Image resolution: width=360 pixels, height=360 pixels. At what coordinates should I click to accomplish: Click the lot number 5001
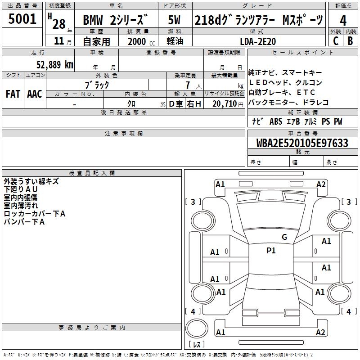pos(22,19)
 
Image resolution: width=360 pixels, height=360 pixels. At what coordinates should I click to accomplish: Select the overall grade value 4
pos(343,21)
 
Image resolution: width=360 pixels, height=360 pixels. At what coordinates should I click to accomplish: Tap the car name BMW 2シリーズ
pos(115,21)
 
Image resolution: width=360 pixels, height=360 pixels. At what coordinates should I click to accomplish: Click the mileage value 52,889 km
pos(50,64)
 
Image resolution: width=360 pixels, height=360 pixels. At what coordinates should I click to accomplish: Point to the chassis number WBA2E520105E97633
pos(302,143)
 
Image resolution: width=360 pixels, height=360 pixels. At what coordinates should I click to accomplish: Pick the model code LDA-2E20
pos(258,41)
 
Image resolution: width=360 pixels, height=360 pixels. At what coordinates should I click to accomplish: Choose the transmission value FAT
pos(13,94)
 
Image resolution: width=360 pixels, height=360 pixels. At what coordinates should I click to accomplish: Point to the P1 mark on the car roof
pos(271,251)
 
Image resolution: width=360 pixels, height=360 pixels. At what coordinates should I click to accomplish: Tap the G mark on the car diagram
pos(284,237)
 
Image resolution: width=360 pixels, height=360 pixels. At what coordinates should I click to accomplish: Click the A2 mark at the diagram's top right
pos(321,184)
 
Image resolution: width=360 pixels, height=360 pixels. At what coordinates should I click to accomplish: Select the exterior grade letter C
pos(335,41)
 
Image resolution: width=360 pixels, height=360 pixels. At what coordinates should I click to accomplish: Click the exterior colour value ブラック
pos(97,85)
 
